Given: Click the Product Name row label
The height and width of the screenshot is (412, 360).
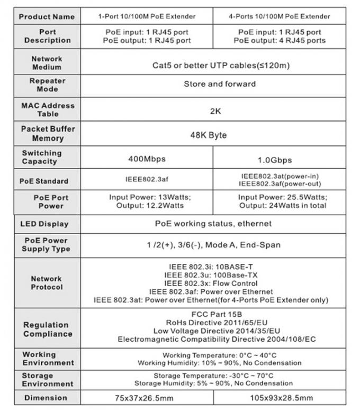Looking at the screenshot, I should click(47, 16).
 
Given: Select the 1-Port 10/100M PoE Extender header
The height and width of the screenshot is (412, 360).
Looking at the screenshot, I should click(147, 16).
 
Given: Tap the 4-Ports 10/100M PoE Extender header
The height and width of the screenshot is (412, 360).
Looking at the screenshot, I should click(280, 16).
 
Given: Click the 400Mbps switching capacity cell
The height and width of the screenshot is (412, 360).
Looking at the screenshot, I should click(147, 158).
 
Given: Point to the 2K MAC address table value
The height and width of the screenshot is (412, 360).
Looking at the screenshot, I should click(215, 112).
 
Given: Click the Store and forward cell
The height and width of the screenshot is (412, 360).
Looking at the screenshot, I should click(219, 84).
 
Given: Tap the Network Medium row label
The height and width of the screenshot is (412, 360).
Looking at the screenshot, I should click(47, 63).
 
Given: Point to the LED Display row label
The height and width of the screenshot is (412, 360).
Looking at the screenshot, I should click(44, 224).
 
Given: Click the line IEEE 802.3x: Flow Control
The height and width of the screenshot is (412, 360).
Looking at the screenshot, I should click(211, 283).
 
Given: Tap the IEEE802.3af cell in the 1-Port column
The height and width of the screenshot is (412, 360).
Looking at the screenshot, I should click(147, 180).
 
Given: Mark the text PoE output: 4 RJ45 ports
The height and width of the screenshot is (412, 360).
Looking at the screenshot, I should click(280, 40).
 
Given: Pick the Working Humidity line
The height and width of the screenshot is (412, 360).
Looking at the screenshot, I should click(219, 363).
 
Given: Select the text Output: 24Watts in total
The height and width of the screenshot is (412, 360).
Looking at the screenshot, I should click(283, 205).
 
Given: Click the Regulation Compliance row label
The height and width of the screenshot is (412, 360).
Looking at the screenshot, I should click(47, 329).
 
